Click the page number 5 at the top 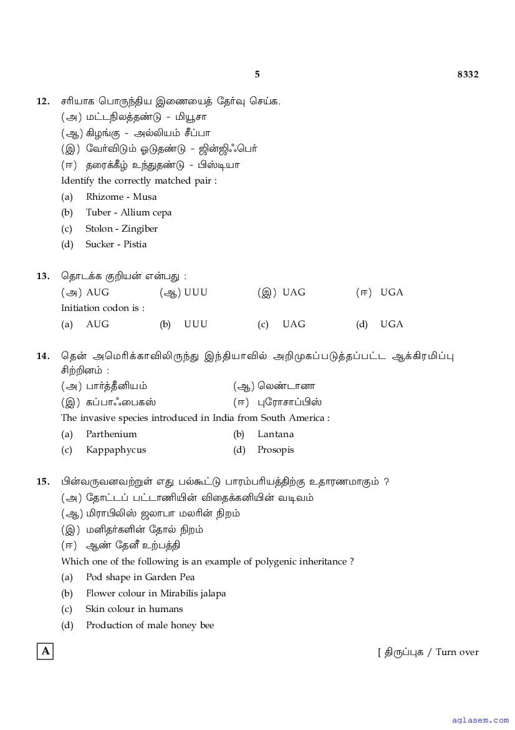(257, 74)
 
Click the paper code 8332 (468, 74)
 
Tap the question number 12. (43, 101)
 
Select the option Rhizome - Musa (121, 197)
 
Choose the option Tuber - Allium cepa (128, 212)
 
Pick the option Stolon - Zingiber (122, 229)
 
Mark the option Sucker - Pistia (116, 244)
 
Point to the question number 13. (43, 276)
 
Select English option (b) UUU (195, 324)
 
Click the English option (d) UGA (392, 324)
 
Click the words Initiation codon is (102, 308)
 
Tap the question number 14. (43, 356)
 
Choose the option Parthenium (111, 434)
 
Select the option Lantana (276, 434)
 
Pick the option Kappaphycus (116, 450)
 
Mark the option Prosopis (276, 450)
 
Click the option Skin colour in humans (134, 609)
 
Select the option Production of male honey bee (150, 625)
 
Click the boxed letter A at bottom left (45, 651)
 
